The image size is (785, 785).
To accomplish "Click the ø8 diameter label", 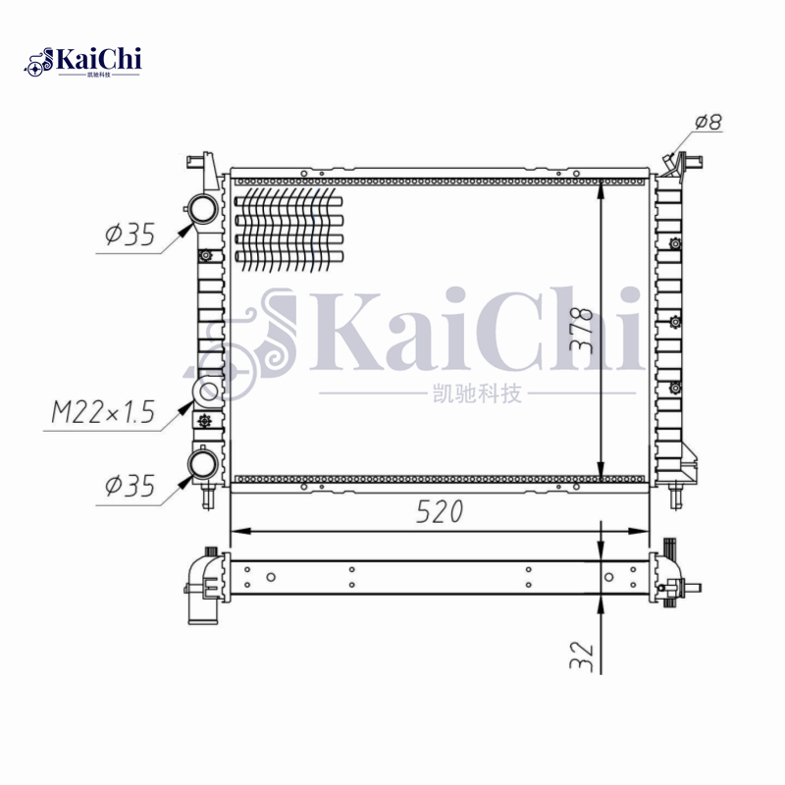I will (707, 123).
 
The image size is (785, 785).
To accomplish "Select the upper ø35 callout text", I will (130, 235).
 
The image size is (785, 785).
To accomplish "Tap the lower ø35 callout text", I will (130, 486).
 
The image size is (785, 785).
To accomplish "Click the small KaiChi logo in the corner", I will (83, 61).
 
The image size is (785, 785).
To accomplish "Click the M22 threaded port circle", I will (208, 392).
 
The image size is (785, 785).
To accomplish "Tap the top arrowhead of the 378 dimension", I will (602, 187).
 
